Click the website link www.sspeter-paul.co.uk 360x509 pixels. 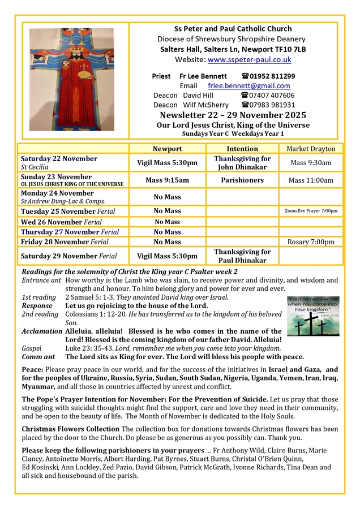tap(250, 59)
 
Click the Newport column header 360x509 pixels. tap(167, 149)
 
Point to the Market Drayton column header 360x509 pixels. tap(311, 149)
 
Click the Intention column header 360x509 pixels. tap(242, 149)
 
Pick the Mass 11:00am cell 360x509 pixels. tap(311, 180)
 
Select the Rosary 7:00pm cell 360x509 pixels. tap(311, 241)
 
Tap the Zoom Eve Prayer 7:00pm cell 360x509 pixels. tap(311, 211)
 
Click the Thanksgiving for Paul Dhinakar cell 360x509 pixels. tap(242, 256)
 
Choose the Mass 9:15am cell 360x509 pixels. tap(167, 180)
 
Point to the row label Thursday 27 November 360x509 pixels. tap(70, 232)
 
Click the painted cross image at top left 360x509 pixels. tap(72, 80)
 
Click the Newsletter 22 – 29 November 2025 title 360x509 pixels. tap(233, 115)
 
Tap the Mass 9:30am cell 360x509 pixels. tap(311, 163)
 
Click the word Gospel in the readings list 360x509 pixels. tap(32, 348)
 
